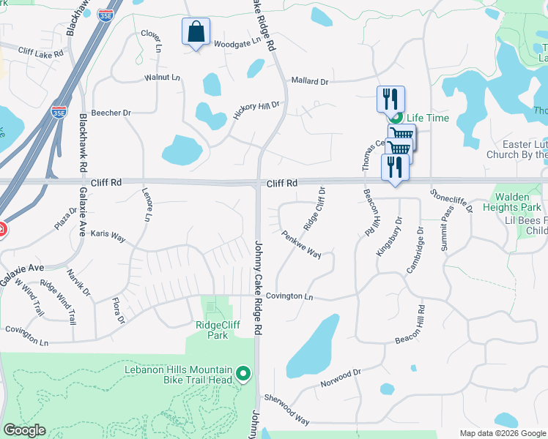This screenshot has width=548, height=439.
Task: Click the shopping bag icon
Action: pyautogui.click(x=196, y=32)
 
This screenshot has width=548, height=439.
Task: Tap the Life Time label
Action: pyautogui.click(x=428, y=118)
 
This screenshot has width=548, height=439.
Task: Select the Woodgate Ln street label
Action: pyautogui.click(x=237, y=42)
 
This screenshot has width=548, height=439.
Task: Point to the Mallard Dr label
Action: pyautogui.click(x=310, y=81)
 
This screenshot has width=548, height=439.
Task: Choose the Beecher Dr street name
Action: pyautogui.click(x=111, y=113)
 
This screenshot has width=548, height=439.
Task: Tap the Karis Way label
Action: pyautogui.click(x=108, y=234)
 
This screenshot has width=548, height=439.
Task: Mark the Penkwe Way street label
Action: pyautogui.click(x=302, y=244)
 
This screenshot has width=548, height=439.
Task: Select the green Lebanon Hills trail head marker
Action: pyautogui.click(x=244, y=376)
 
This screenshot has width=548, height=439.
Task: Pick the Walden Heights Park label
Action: pyautogui.click(x=517, y=203)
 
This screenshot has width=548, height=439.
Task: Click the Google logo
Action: pyautogui.click(x=25, y=429)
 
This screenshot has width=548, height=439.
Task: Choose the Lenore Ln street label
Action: pyautogui.click(x=148, y=206)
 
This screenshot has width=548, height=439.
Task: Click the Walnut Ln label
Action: pyautogui.click(x=162, y=77)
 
